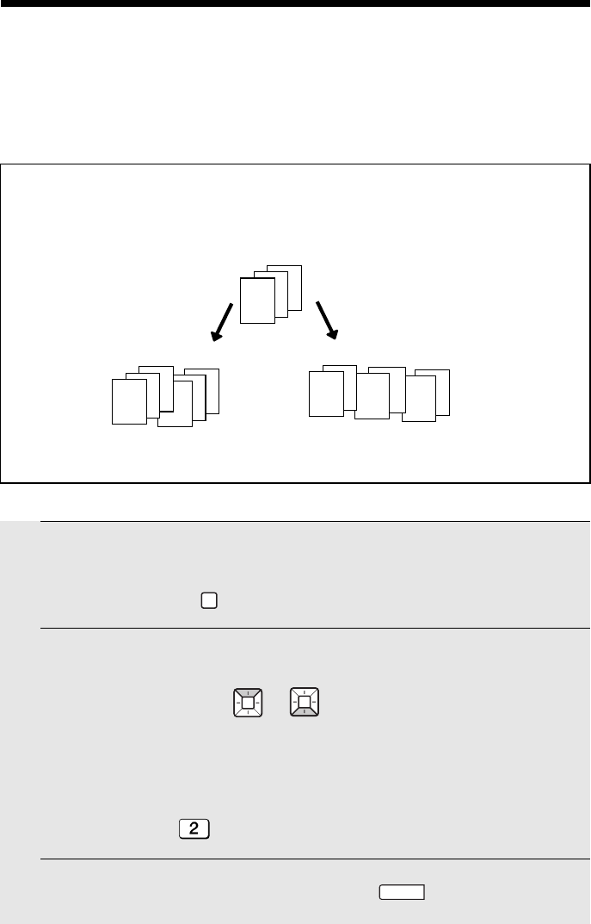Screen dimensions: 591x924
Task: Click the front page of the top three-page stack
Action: tap(258, 301)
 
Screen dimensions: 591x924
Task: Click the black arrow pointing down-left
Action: tap(222, 322)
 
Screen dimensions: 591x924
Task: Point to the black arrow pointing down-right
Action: tap(327, 320)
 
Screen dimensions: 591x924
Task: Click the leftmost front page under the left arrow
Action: tap(130, 401)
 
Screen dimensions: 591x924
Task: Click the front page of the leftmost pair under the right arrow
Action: tap(327, 394)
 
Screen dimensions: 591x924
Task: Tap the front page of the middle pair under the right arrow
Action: tap(372, 396)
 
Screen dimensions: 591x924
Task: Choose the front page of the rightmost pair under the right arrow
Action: tap(419, 399)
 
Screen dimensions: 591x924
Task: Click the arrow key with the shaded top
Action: tap(248, 703)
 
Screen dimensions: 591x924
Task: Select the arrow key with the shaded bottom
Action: tap(305, 703)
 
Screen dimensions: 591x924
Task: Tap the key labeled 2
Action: tap(194, 829)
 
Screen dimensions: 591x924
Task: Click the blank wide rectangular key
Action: tap(402, 892)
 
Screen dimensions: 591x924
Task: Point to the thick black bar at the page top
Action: tap(296, 3)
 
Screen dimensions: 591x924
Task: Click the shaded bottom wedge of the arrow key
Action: tap(305, 712)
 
